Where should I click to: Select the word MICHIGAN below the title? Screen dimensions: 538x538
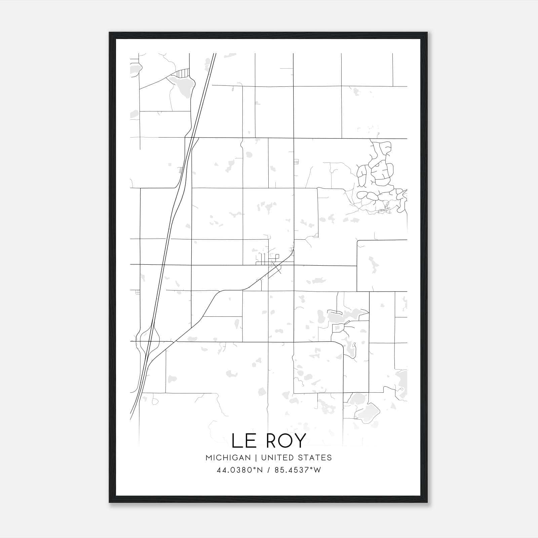[x=228, y=458]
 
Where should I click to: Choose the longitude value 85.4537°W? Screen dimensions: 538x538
[x=298, y=470]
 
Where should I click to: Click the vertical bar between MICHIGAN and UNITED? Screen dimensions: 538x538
[x=256, y=458]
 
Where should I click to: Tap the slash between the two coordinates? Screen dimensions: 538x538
[x=268, y=470]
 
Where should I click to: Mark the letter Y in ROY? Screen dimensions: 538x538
[x=300, y=440]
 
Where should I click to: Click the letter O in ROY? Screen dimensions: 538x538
[x=283, y=440]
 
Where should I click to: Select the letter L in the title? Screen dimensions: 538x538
[x=237, y=440]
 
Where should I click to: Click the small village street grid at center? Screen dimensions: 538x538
[x=267, y=259]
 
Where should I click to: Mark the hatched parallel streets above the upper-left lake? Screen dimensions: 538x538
[x=182, y=72]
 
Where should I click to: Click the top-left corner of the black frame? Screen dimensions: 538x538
[x=110, y=33]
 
